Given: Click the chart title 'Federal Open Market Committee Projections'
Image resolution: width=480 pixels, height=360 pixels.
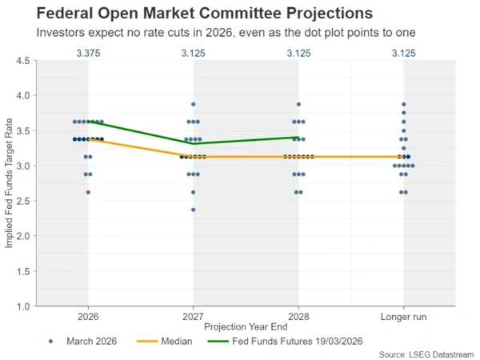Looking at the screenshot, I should pos(193,14).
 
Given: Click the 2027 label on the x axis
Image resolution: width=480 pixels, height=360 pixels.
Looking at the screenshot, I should pos(193,317).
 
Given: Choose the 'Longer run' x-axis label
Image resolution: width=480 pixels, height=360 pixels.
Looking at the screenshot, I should pos(403,317).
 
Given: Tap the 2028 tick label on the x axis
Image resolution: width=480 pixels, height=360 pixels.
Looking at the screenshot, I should pos(298,317).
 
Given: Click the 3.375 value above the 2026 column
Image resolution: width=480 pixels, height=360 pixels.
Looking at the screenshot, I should pos(88,54).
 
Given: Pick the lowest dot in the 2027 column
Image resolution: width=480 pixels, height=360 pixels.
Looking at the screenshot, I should pos(193,210).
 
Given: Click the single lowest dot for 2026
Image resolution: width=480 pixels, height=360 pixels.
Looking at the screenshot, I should pos(88,192).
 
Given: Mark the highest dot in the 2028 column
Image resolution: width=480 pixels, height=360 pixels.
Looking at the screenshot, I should pos(298,104).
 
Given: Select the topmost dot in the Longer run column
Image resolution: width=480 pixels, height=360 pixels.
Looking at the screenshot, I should pos(403,104).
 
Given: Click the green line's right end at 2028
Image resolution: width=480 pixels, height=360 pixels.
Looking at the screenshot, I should pos(298,137).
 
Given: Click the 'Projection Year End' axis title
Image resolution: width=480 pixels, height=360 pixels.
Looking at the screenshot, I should pos(246,328).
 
